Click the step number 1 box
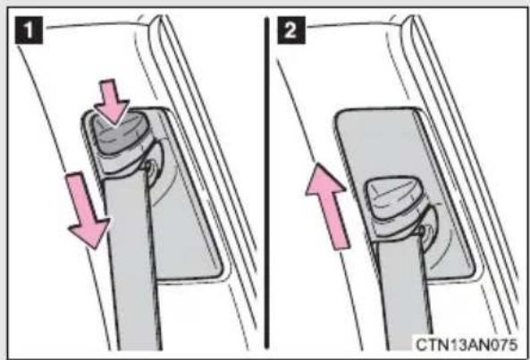(29, 30)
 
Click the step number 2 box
(291, 30)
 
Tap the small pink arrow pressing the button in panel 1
(111, 102)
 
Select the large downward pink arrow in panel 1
(88, 210)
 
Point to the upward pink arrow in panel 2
(327, 206)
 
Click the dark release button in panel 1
(116, 132)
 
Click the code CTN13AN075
(467, 345)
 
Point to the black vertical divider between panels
(266, 183)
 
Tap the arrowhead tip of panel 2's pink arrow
(317, 163)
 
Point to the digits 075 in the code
(504, 345)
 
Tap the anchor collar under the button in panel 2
(394, 227)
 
